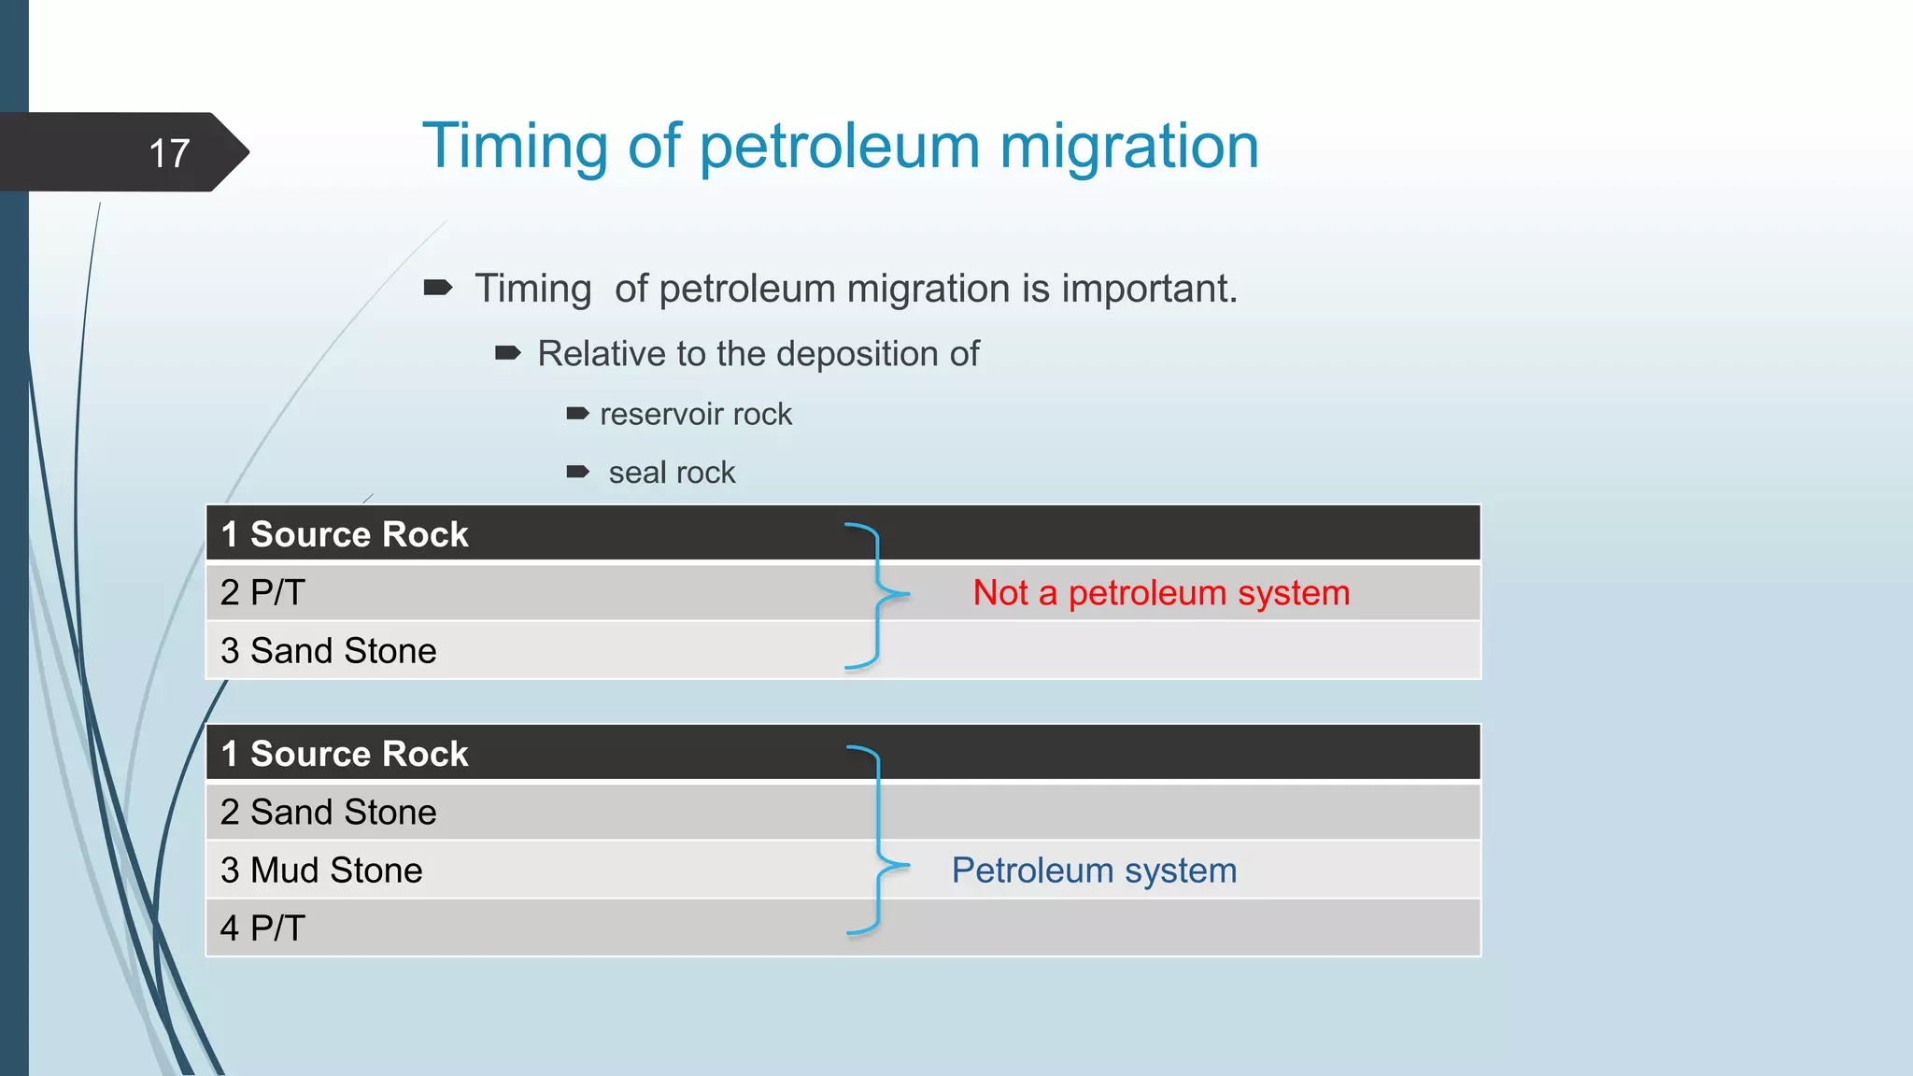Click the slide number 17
169,153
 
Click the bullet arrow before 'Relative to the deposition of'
507,353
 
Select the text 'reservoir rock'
695,414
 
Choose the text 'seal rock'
672,473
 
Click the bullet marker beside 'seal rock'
578,472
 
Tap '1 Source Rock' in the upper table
345,534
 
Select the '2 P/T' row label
262,592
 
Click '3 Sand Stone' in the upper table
328,651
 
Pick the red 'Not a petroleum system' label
1161,593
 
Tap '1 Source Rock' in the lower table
345,754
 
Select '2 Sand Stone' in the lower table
328,812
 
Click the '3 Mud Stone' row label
321,871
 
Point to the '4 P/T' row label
262,928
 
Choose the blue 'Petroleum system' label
1094,871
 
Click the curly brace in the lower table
878,841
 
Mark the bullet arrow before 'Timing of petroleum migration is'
438,288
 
